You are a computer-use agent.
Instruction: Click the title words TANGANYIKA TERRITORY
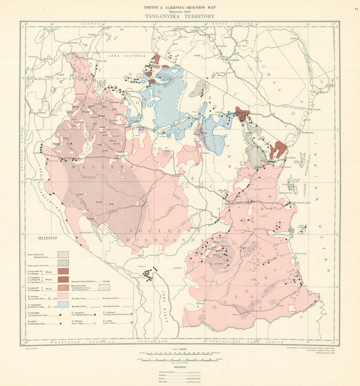180,16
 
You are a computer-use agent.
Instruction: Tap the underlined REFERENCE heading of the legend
47,238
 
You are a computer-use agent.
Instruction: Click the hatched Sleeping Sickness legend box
63,254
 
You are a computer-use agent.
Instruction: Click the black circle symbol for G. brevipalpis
61,315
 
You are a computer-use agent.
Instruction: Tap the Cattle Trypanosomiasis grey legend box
104,287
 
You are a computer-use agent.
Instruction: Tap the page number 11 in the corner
356,9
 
